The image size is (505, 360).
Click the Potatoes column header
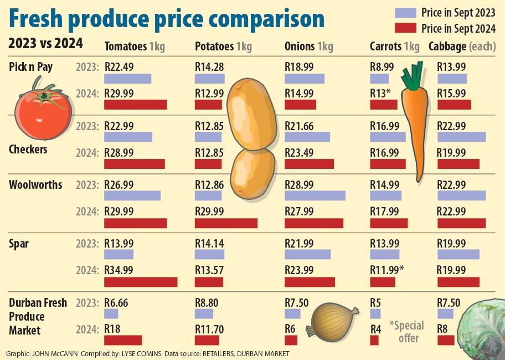(x=223, y=47)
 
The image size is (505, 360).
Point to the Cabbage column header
(x=462, y=47)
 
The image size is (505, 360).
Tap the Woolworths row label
(x=35, y=184)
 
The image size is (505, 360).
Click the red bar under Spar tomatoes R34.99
(x=141, y=282)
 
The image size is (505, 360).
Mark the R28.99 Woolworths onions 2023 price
(x=299, y=184)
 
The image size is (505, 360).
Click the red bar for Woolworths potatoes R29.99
(x=226, y=223)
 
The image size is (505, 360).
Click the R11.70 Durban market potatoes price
(x=209, y=329)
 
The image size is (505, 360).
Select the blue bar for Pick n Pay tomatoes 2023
(x=127, y=79)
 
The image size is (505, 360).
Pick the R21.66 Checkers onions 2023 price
(x=299, y=126)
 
